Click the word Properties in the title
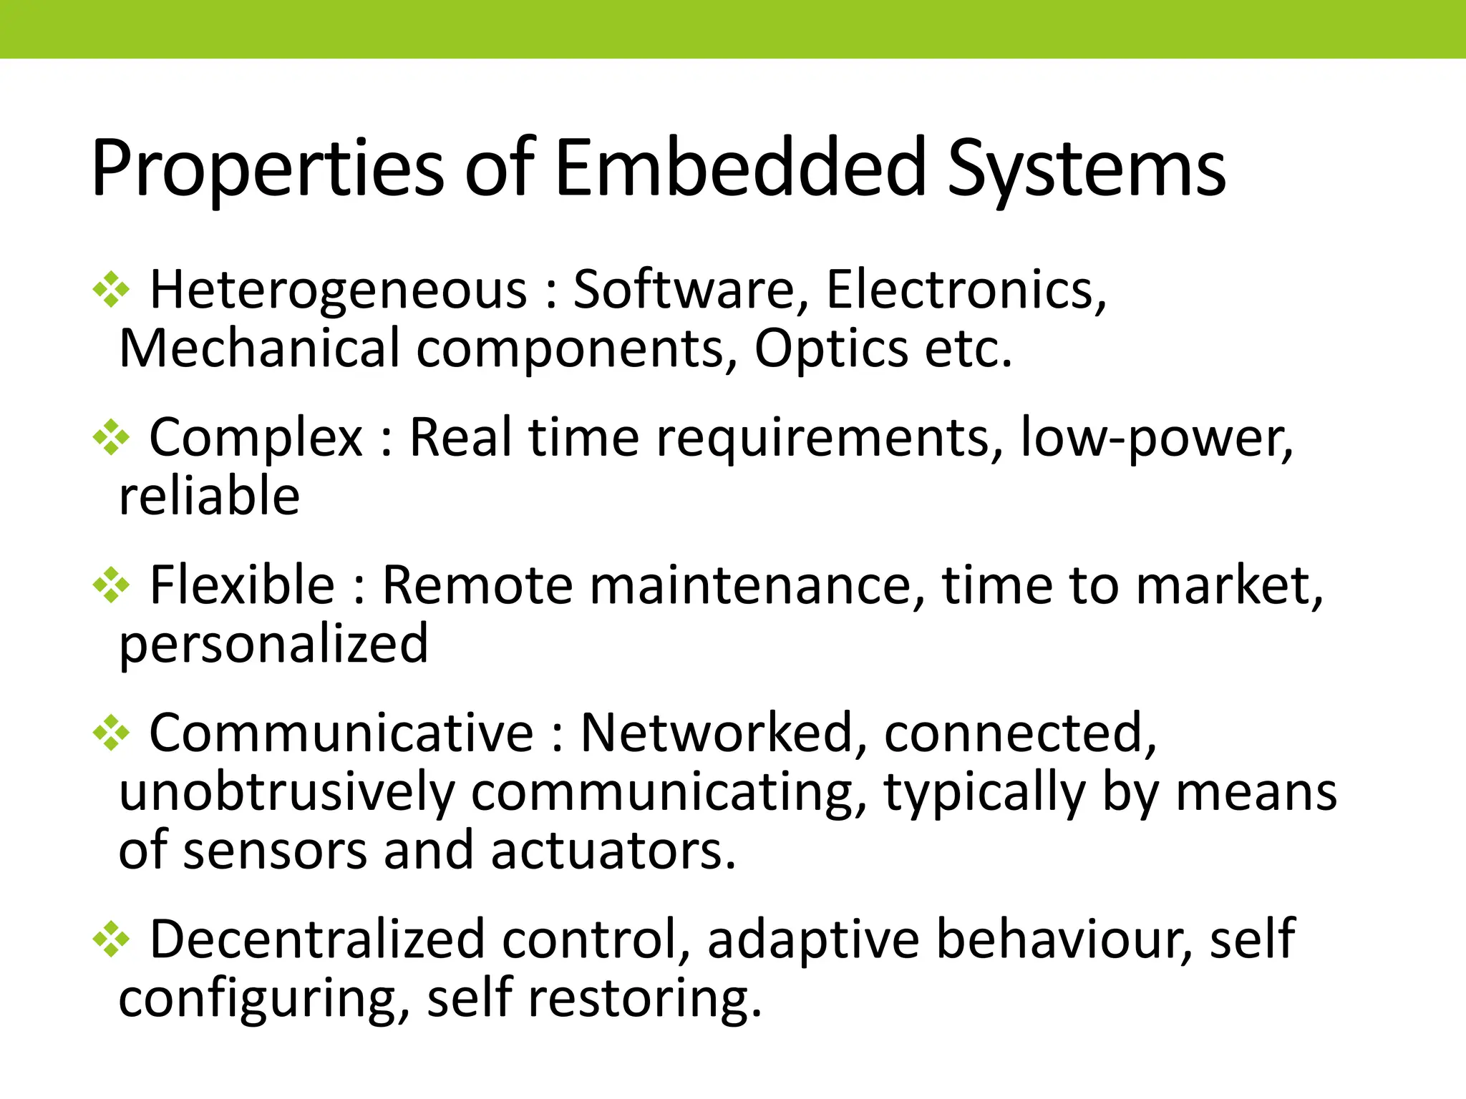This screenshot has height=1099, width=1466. click(x=268, y=169)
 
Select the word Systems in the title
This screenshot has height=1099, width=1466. click(x=1086, y=169)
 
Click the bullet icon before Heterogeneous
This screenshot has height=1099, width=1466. click(x=112, y=290)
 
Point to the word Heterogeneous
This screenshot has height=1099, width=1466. click(x=338, y=290)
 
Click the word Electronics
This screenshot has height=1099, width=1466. click(x=966, y=290)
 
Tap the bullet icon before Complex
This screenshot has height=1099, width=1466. click(x=112, y=437)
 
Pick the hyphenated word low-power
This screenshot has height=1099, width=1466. click(x=1155, y=437)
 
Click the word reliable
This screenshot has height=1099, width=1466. click(x=209, y=496)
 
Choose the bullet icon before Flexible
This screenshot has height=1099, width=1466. click(x=112, y=585)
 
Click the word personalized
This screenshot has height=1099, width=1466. click(x=273, y=644)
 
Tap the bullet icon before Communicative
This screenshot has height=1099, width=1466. click(x=112, y=733)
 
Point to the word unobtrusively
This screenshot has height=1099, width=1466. click(x=286, y=792)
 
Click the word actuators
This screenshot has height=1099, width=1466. click(x=613, y=851)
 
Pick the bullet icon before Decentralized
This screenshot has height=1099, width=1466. click(x=112, y=939)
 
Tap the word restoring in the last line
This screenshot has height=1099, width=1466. click(x=644, y=998)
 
